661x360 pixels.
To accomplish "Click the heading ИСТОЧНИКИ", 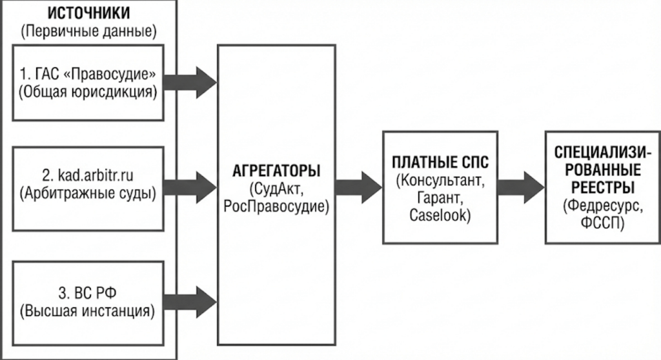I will [x=89, y=13].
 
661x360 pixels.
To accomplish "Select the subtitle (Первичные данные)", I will [x=89, y=30].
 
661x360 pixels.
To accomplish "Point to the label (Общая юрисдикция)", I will [x=89, y=92].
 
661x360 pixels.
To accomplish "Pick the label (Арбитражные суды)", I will [x=89, y=192].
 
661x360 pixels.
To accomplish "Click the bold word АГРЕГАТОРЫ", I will [x=276, y=172].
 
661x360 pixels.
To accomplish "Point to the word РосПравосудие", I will [x=276, y=206].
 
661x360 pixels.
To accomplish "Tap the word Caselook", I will [x=441, y=212].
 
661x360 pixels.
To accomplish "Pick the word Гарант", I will [x=441, y=195].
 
